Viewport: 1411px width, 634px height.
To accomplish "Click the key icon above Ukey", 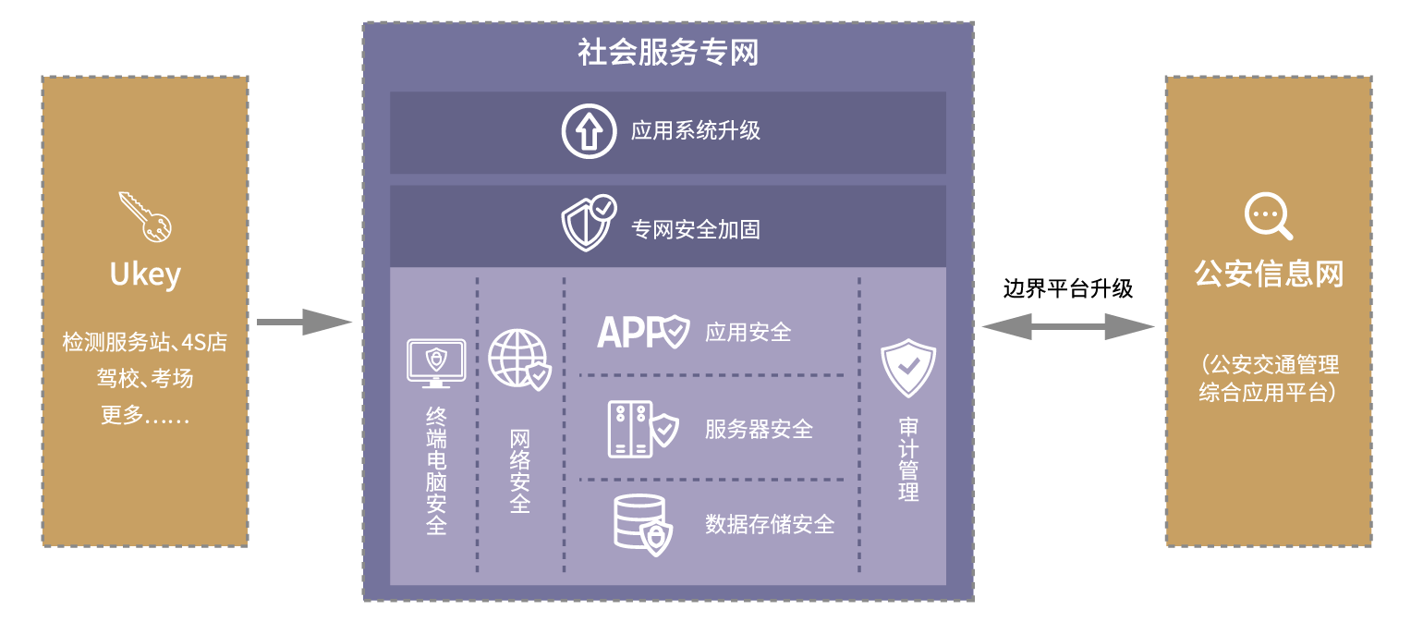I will coord(145,216).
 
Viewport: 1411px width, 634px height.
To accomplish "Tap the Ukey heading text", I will coord(145,274).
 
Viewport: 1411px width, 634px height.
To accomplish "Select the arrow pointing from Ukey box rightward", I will coord(304,323).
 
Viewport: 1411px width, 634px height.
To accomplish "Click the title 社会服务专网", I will coord(667,52).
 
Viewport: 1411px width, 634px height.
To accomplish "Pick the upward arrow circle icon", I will coord(589,131).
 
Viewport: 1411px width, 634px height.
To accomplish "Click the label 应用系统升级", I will coord(696,131).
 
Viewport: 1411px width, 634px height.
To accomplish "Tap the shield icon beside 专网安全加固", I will coord(589,223).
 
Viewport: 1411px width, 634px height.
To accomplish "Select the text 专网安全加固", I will coord(696,228).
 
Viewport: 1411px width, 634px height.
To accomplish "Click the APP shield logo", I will coord(643,331).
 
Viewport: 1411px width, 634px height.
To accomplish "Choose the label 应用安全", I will coord(748,332).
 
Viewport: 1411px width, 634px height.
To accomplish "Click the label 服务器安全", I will coord(759,429).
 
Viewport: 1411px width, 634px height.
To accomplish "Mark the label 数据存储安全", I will coord(770,525).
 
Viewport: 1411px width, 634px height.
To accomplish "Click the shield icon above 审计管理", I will coord(907,367).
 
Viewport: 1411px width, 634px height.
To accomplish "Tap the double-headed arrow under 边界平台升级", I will coord(1068,326).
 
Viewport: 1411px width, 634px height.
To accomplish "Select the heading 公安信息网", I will coord(1269,274).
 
